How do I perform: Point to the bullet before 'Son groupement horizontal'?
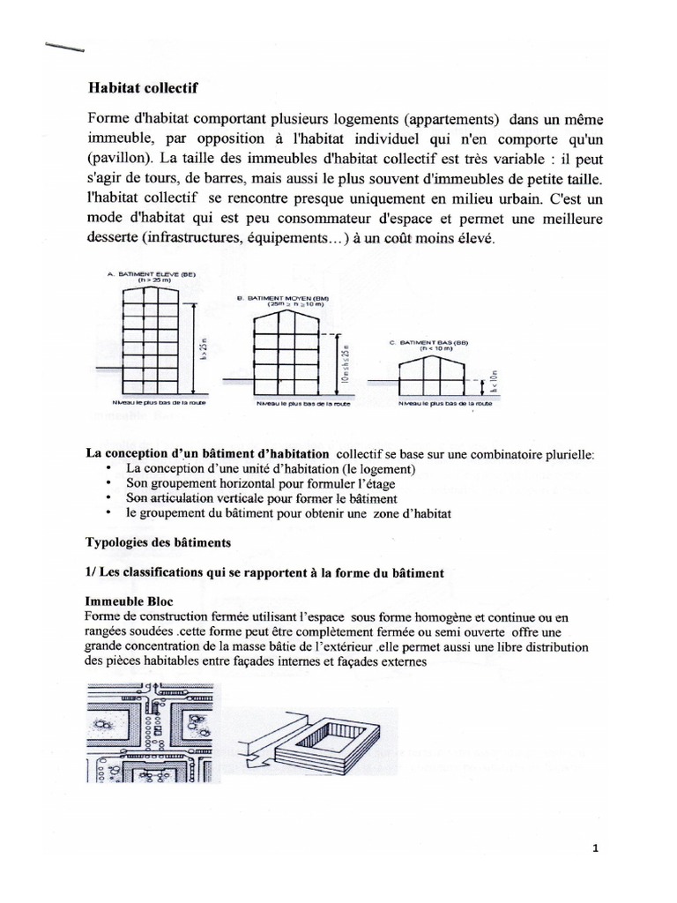click(x=108, y=484)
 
